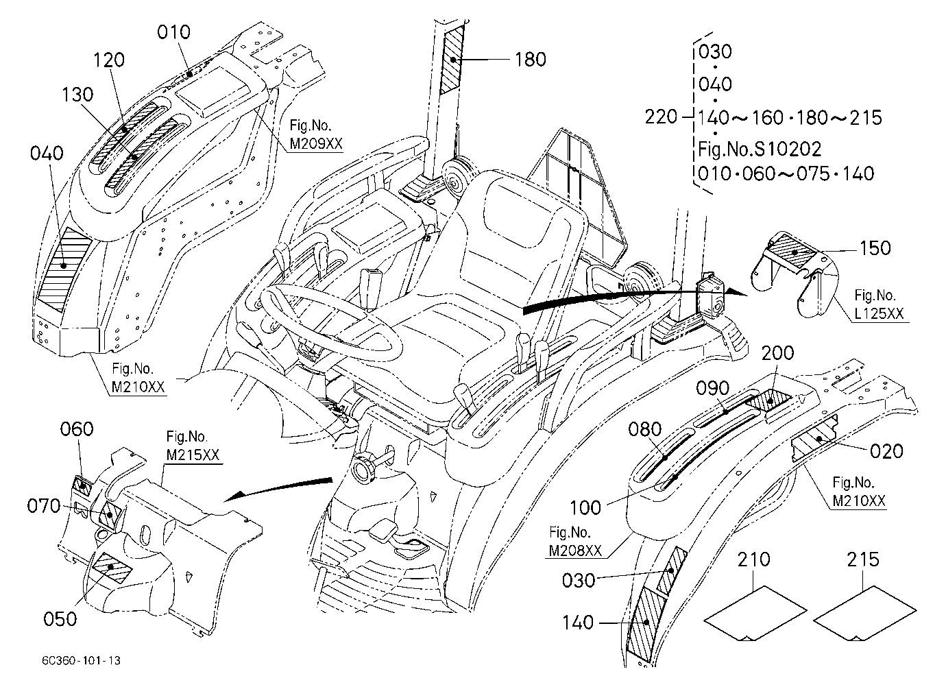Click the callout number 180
(x=531, y=60)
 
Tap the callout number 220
(x=661, y=117)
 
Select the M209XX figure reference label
(x=316, y=144)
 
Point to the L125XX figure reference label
(x=879, y=313)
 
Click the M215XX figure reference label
(x=193, y=455)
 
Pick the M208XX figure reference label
(x=575, y=551)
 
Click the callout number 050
(x=60, y=619)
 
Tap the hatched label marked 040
(x=63, y=269)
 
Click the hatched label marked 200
(x=768, y=400)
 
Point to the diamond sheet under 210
(x=755, y=613)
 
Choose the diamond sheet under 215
(x=864, y=613)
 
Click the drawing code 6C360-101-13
(x=81, y=660)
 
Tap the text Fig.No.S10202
(x=760, y=149)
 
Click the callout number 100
(x=585, y=507)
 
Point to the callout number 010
(x=173, y=32)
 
